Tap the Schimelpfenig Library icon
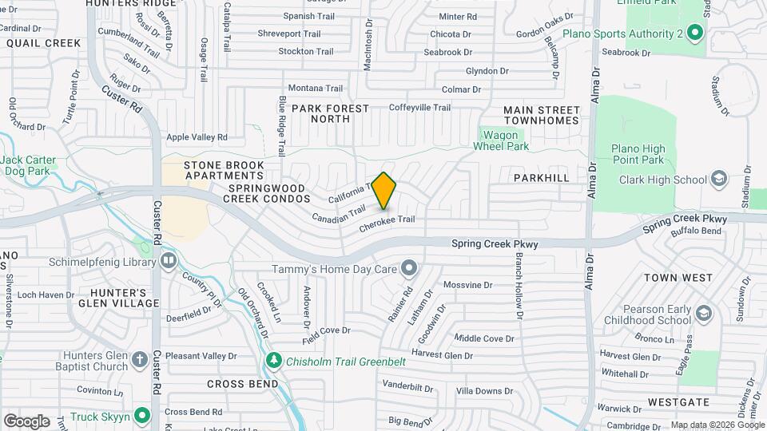(x=168, y=260)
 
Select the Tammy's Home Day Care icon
(x=409, y=267)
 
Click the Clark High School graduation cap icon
(x=718, y=179)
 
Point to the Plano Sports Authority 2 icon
(x=694, y=33)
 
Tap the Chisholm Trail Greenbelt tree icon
(x=274, y=361)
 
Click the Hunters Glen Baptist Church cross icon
(x=139, y=358)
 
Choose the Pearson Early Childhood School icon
(x=703, y=312)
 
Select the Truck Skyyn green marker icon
(x=142, y=415)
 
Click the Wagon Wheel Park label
(x=501, y=140)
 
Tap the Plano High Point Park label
(x=638, y=155)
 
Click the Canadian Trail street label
(x=338, y=213)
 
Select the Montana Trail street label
(x=315, y=88)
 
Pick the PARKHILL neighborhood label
(x=542, y=177)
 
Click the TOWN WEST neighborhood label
(x=678, y=278)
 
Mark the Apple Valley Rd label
(x=197, y=137)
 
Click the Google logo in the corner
(x=26, y=421)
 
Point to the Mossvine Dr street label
(x=468, y=285)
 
